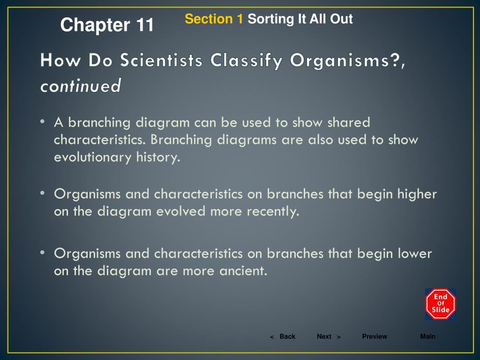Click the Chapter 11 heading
pyautogui.click(x=107, y=25)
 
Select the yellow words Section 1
pyautogui.click(x=214, y=19)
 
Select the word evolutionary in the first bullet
pyautogui.click(x=92, y=157)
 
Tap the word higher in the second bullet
pyautogui.click(x=417, y=194)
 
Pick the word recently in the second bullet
pyautogui.click(x=275, y=211)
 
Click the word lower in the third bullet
pyautogui.click(x=414, y=253)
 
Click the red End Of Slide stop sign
pyautogui.click(x=441, y=303)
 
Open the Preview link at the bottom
pyautogui.click(x=375, y=337)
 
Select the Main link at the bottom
pyautogui.click(x=427, y=337)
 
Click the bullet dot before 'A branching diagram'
pyautogui.click(x=42, y=122)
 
